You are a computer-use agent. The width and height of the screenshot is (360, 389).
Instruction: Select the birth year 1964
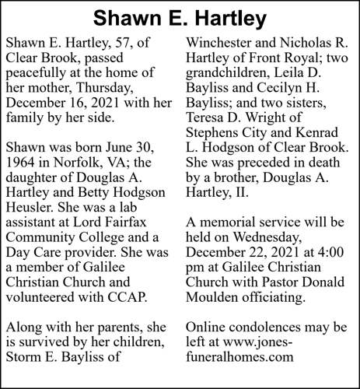click(x=23, y=164)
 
